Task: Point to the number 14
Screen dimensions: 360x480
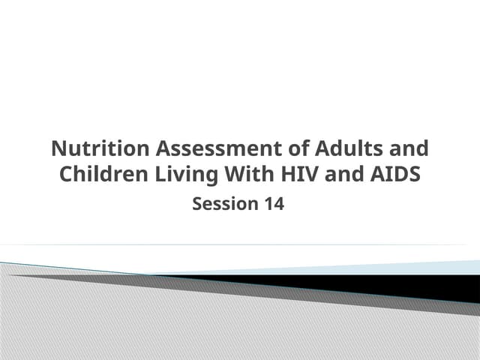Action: [x=273, y=203]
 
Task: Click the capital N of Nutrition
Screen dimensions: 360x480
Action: [x=58, y=148]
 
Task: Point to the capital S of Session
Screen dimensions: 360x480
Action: [x=198, y=203]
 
